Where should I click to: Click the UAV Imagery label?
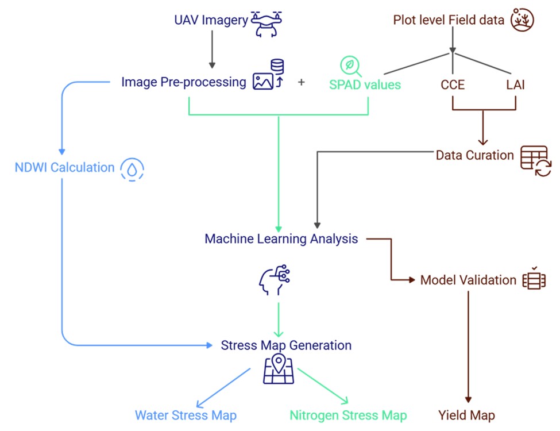(211, 21)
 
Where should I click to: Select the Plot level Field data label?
(449, 20)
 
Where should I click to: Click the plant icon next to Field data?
(523, 20)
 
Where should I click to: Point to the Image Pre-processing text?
(183, 82)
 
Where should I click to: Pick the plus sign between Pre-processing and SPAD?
(302, 82)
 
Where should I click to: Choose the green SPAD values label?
(365, 84)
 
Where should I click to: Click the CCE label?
(453, 84)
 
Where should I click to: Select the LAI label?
(515, 84)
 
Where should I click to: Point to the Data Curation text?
(474, 155)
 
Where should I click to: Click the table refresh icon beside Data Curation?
(535, 161)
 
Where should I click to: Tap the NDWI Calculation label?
(64, 168)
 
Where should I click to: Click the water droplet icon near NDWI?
(132, 169)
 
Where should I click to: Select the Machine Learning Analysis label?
(281, 238)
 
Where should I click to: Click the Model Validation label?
(468, 280)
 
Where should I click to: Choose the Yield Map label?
(466, 415)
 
